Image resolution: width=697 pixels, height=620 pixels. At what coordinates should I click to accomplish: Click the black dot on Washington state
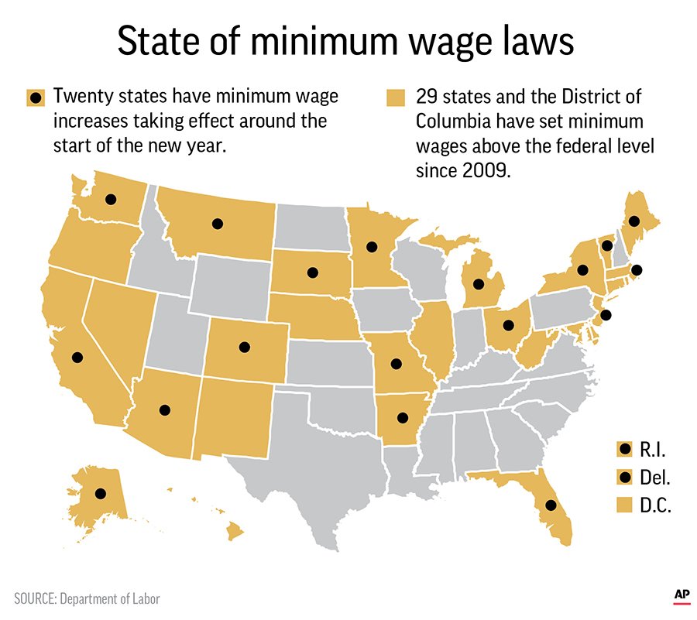111,199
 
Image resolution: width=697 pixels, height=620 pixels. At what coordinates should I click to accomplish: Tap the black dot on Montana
218,224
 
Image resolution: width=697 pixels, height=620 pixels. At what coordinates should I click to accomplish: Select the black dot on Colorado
245,348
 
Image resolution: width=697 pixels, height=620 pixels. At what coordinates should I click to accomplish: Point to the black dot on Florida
550,505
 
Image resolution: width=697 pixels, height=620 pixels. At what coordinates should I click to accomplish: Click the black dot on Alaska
100,493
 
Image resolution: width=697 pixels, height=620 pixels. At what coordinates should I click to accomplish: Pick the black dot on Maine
633,221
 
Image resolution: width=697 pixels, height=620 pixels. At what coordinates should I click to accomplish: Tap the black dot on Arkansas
402,418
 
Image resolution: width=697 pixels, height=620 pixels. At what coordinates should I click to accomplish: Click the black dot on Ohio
509,326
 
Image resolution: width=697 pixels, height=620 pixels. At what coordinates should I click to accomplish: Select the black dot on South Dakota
313,272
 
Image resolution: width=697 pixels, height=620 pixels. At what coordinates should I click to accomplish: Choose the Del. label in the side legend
655,478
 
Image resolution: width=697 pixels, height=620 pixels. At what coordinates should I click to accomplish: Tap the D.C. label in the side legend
655,507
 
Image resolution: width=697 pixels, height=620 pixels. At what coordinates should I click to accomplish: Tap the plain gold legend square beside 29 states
396,98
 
